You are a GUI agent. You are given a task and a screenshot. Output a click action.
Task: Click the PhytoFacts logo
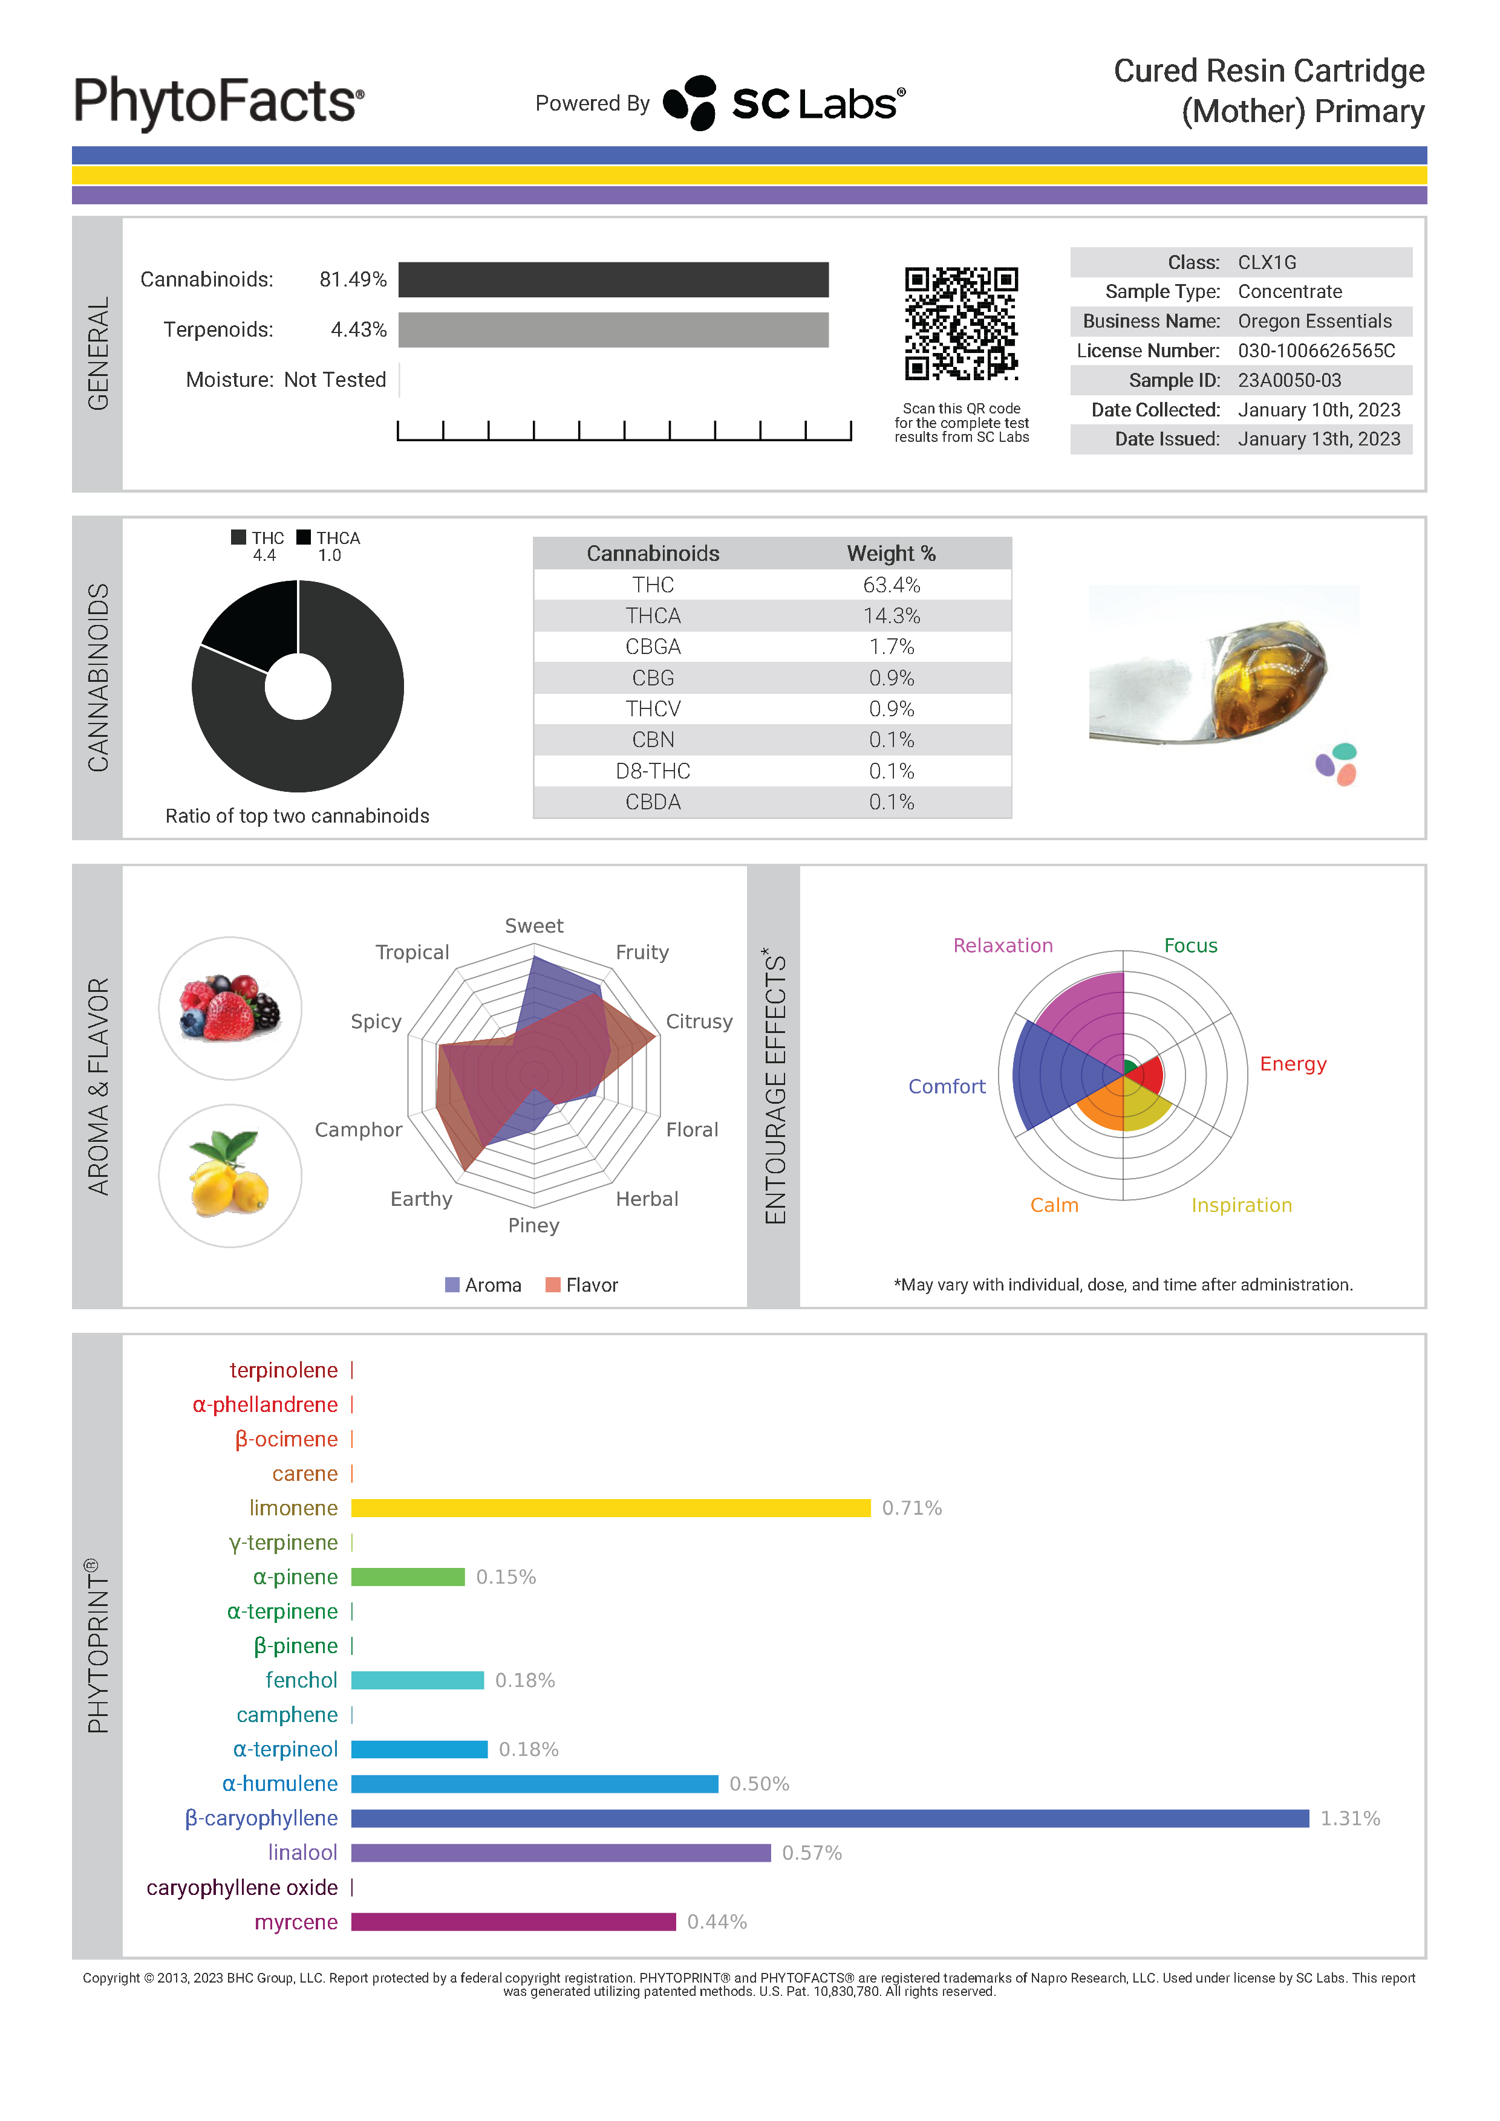point(219,102)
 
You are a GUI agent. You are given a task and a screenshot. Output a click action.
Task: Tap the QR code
point(960,323)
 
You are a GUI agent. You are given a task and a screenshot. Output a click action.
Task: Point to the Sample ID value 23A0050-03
point(1290,381)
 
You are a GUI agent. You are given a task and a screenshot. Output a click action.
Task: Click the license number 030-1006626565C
point(1316,351)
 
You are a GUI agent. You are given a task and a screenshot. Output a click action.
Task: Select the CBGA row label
point(653,647)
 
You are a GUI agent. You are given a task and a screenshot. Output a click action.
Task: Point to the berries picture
point(230,1008)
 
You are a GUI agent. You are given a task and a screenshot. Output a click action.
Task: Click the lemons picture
point(230,1175)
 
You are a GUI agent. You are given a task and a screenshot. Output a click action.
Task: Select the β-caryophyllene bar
point(829,1819)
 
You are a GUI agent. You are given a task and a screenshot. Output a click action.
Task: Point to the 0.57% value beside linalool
point(812,1853)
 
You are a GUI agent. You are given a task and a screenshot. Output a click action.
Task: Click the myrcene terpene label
point(296,1922)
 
